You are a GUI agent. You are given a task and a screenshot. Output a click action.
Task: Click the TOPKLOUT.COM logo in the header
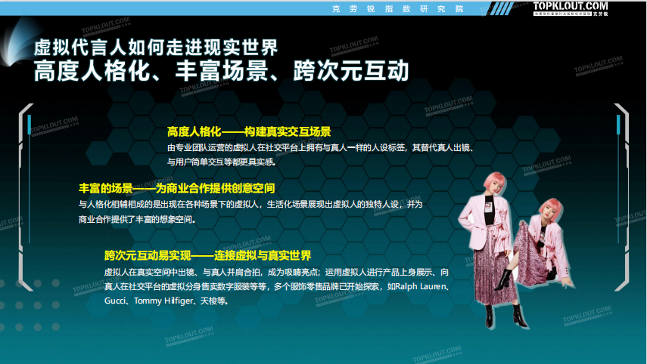click(571, 8)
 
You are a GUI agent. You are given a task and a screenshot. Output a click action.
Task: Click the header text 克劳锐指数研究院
click(398, 8)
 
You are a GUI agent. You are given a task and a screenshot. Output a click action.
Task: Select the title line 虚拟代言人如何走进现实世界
click(156, 48)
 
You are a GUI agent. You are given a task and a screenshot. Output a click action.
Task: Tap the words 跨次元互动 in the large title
click(350, 70)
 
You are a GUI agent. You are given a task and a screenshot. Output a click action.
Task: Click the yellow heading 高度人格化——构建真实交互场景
click(249, 131)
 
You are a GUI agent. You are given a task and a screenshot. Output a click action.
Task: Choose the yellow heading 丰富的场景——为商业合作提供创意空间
click(176, 188)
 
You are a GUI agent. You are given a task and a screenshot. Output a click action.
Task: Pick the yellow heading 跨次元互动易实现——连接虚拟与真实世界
click(207, 255)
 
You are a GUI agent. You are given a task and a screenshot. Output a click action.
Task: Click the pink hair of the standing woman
click(495, 183)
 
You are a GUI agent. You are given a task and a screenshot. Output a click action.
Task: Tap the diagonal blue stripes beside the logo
click(503, 8)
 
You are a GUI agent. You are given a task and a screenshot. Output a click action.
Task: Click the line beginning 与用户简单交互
click(221, 162)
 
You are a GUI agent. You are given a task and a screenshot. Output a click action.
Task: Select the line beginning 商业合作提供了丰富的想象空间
click(137, 219)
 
